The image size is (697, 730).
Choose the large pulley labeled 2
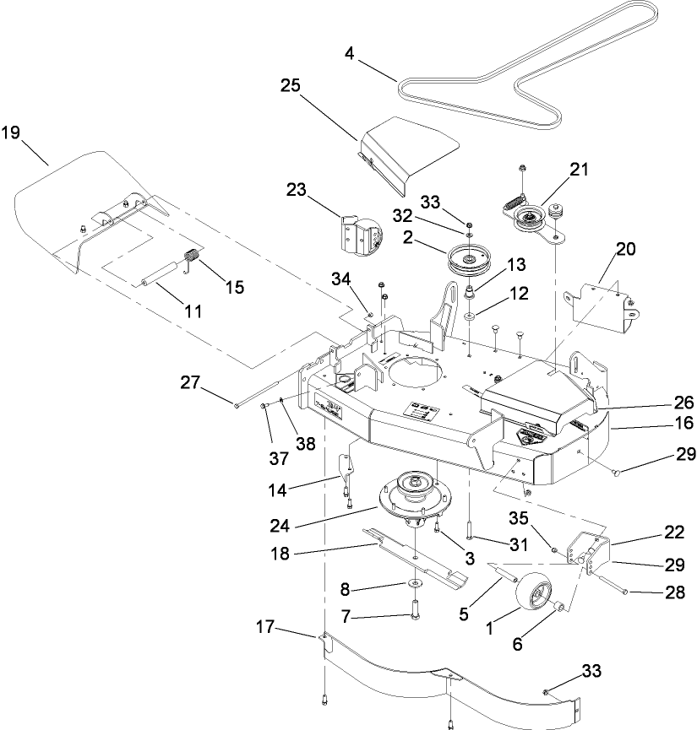[468, 260]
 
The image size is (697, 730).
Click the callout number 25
[291, 86]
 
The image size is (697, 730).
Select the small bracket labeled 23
[358, 232]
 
